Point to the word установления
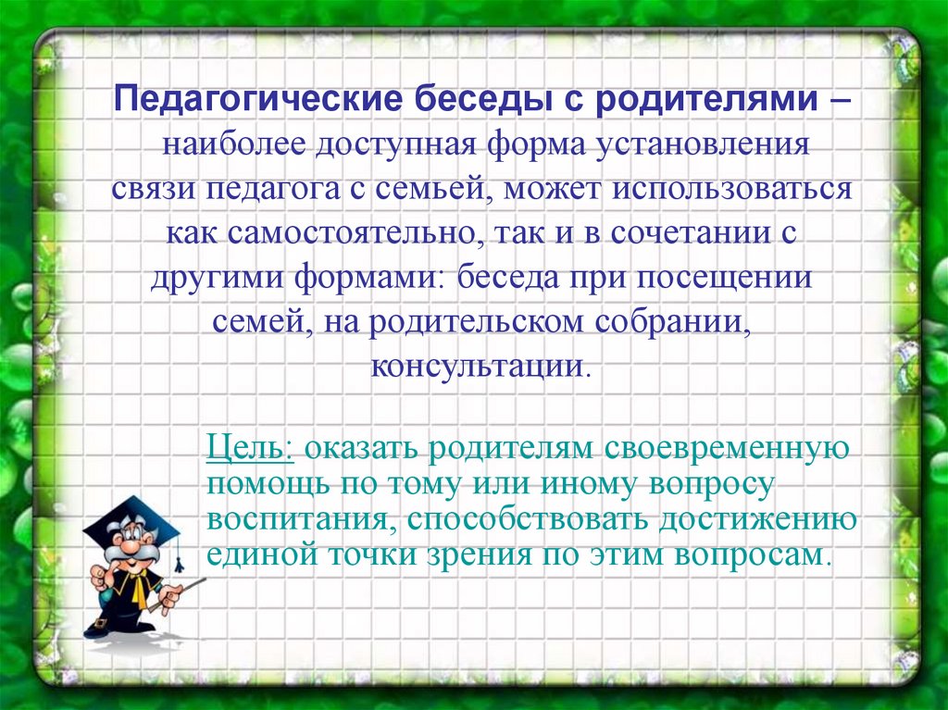pyautogui.click(x=702, y=145)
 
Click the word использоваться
pyautogui.click(x=732, y=189)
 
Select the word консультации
pyautogui.click(x=477, y=366)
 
